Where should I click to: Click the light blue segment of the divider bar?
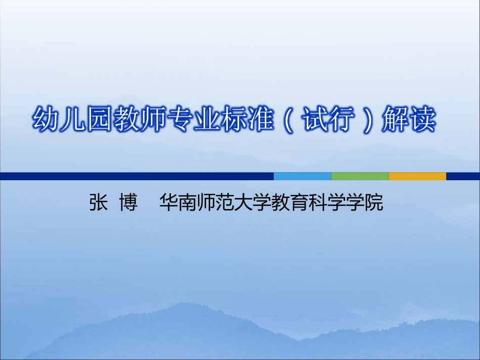pos(302,176)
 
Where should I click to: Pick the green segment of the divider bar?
pos(360,176)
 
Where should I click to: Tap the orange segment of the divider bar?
pos(417,176)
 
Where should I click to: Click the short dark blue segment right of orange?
pos(463,176)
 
